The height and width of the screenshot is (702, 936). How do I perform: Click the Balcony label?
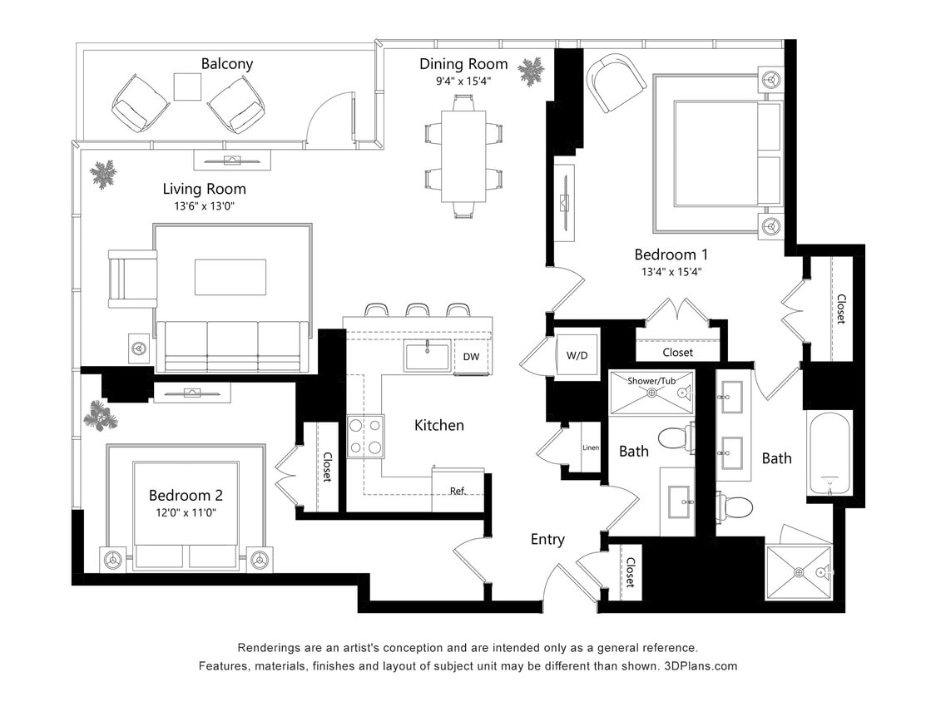(x=226, y=64)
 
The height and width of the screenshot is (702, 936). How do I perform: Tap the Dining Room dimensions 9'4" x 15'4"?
(x=463, y=81)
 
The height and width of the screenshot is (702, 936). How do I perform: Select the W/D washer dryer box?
(x=577, y=356)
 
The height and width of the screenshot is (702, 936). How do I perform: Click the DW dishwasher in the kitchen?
(x=471, y=357)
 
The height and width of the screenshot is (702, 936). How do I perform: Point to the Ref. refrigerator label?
(x=458, y=491)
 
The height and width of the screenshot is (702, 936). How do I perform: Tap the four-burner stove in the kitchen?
(x=365, y=436)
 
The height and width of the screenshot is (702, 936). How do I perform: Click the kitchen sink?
(x=427, y=355)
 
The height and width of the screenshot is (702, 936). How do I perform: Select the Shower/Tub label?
(x=651, y=380)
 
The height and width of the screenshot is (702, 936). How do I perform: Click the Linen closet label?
(x=590, y=447)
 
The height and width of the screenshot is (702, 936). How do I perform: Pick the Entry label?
(x=547, y=540)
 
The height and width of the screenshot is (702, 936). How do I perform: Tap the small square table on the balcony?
(x=188, y=87)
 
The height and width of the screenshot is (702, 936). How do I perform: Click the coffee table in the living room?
(x=230, y=277)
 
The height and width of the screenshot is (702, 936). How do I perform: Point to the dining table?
(x=463, y=156)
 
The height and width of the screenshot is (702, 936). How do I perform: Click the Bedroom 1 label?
(x=671, y=255)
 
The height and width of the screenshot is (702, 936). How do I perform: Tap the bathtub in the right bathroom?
(x=828, y=453)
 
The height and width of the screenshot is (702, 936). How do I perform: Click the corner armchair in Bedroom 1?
(x=616, y=82)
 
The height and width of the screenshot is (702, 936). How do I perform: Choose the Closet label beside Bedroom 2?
(x=327, y=467)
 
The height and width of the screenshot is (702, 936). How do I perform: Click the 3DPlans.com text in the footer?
(x=704, y=666)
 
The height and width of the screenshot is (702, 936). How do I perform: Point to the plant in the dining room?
(x=529, y=72)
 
